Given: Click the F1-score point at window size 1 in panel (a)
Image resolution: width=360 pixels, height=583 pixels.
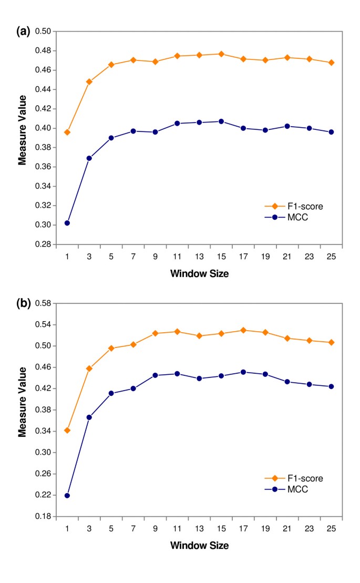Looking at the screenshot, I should tap(67, 132).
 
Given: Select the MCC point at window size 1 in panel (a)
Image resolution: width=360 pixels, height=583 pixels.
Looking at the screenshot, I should tap(67, 223).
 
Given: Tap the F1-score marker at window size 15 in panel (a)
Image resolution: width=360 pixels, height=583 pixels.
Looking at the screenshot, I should tap(221, 54).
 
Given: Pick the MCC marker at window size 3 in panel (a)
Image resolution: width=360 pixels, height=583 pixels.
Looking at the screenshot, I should tap(89, 158).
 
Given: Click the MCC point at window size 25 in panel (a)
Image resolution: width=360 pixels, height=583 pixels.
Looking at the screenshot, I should tap(331, 132).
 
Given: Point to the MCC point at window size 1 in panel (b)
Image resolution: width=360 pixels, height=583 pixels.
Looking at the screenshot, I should tap(67, 495).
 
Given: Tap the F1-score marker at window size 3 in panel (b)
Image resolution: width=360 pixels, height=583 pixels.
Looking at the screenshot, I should tap(89, 369).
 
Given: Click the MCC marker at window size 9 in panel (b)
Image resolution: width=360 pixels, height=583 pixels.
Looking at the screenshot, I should tap(155, 375).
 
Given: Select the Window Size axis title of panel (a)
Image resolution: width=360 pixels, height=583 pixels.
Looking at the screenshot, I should tap(199, 273).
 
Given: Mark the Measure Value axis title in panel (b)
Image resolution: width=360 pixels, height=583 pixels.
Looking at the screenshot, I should tap(22, 410).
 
